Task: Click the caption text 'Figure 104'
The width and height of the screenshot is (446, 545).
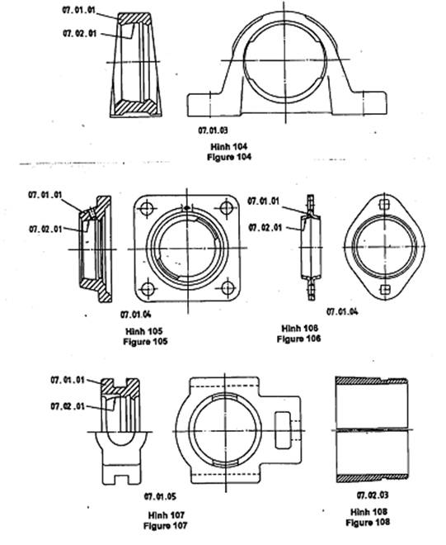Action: tap(229, 157)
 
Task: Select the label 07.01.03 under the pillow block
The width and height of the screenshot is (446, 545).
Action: tap(214, 130)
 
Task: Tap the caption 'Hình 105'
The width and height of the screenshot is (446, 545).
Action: tap(144, 331)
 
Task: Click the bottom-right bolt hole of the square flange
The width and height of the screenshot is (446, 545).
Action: tap(228, 288)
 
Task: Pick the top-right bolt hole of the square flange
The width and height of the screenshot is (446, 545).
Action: tap(226, 208)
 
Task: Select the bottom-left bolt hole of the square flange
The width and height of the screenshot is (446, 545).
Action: tap(148, 289)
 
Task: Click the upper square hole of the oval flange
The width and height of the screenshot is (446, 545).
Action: tap(383, 205)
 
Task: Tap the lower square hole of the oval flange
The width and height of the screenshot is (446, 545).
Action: tap(384, 289)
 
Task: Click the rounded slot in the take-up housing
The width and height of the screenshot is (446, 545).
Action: tap(283, 430)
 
